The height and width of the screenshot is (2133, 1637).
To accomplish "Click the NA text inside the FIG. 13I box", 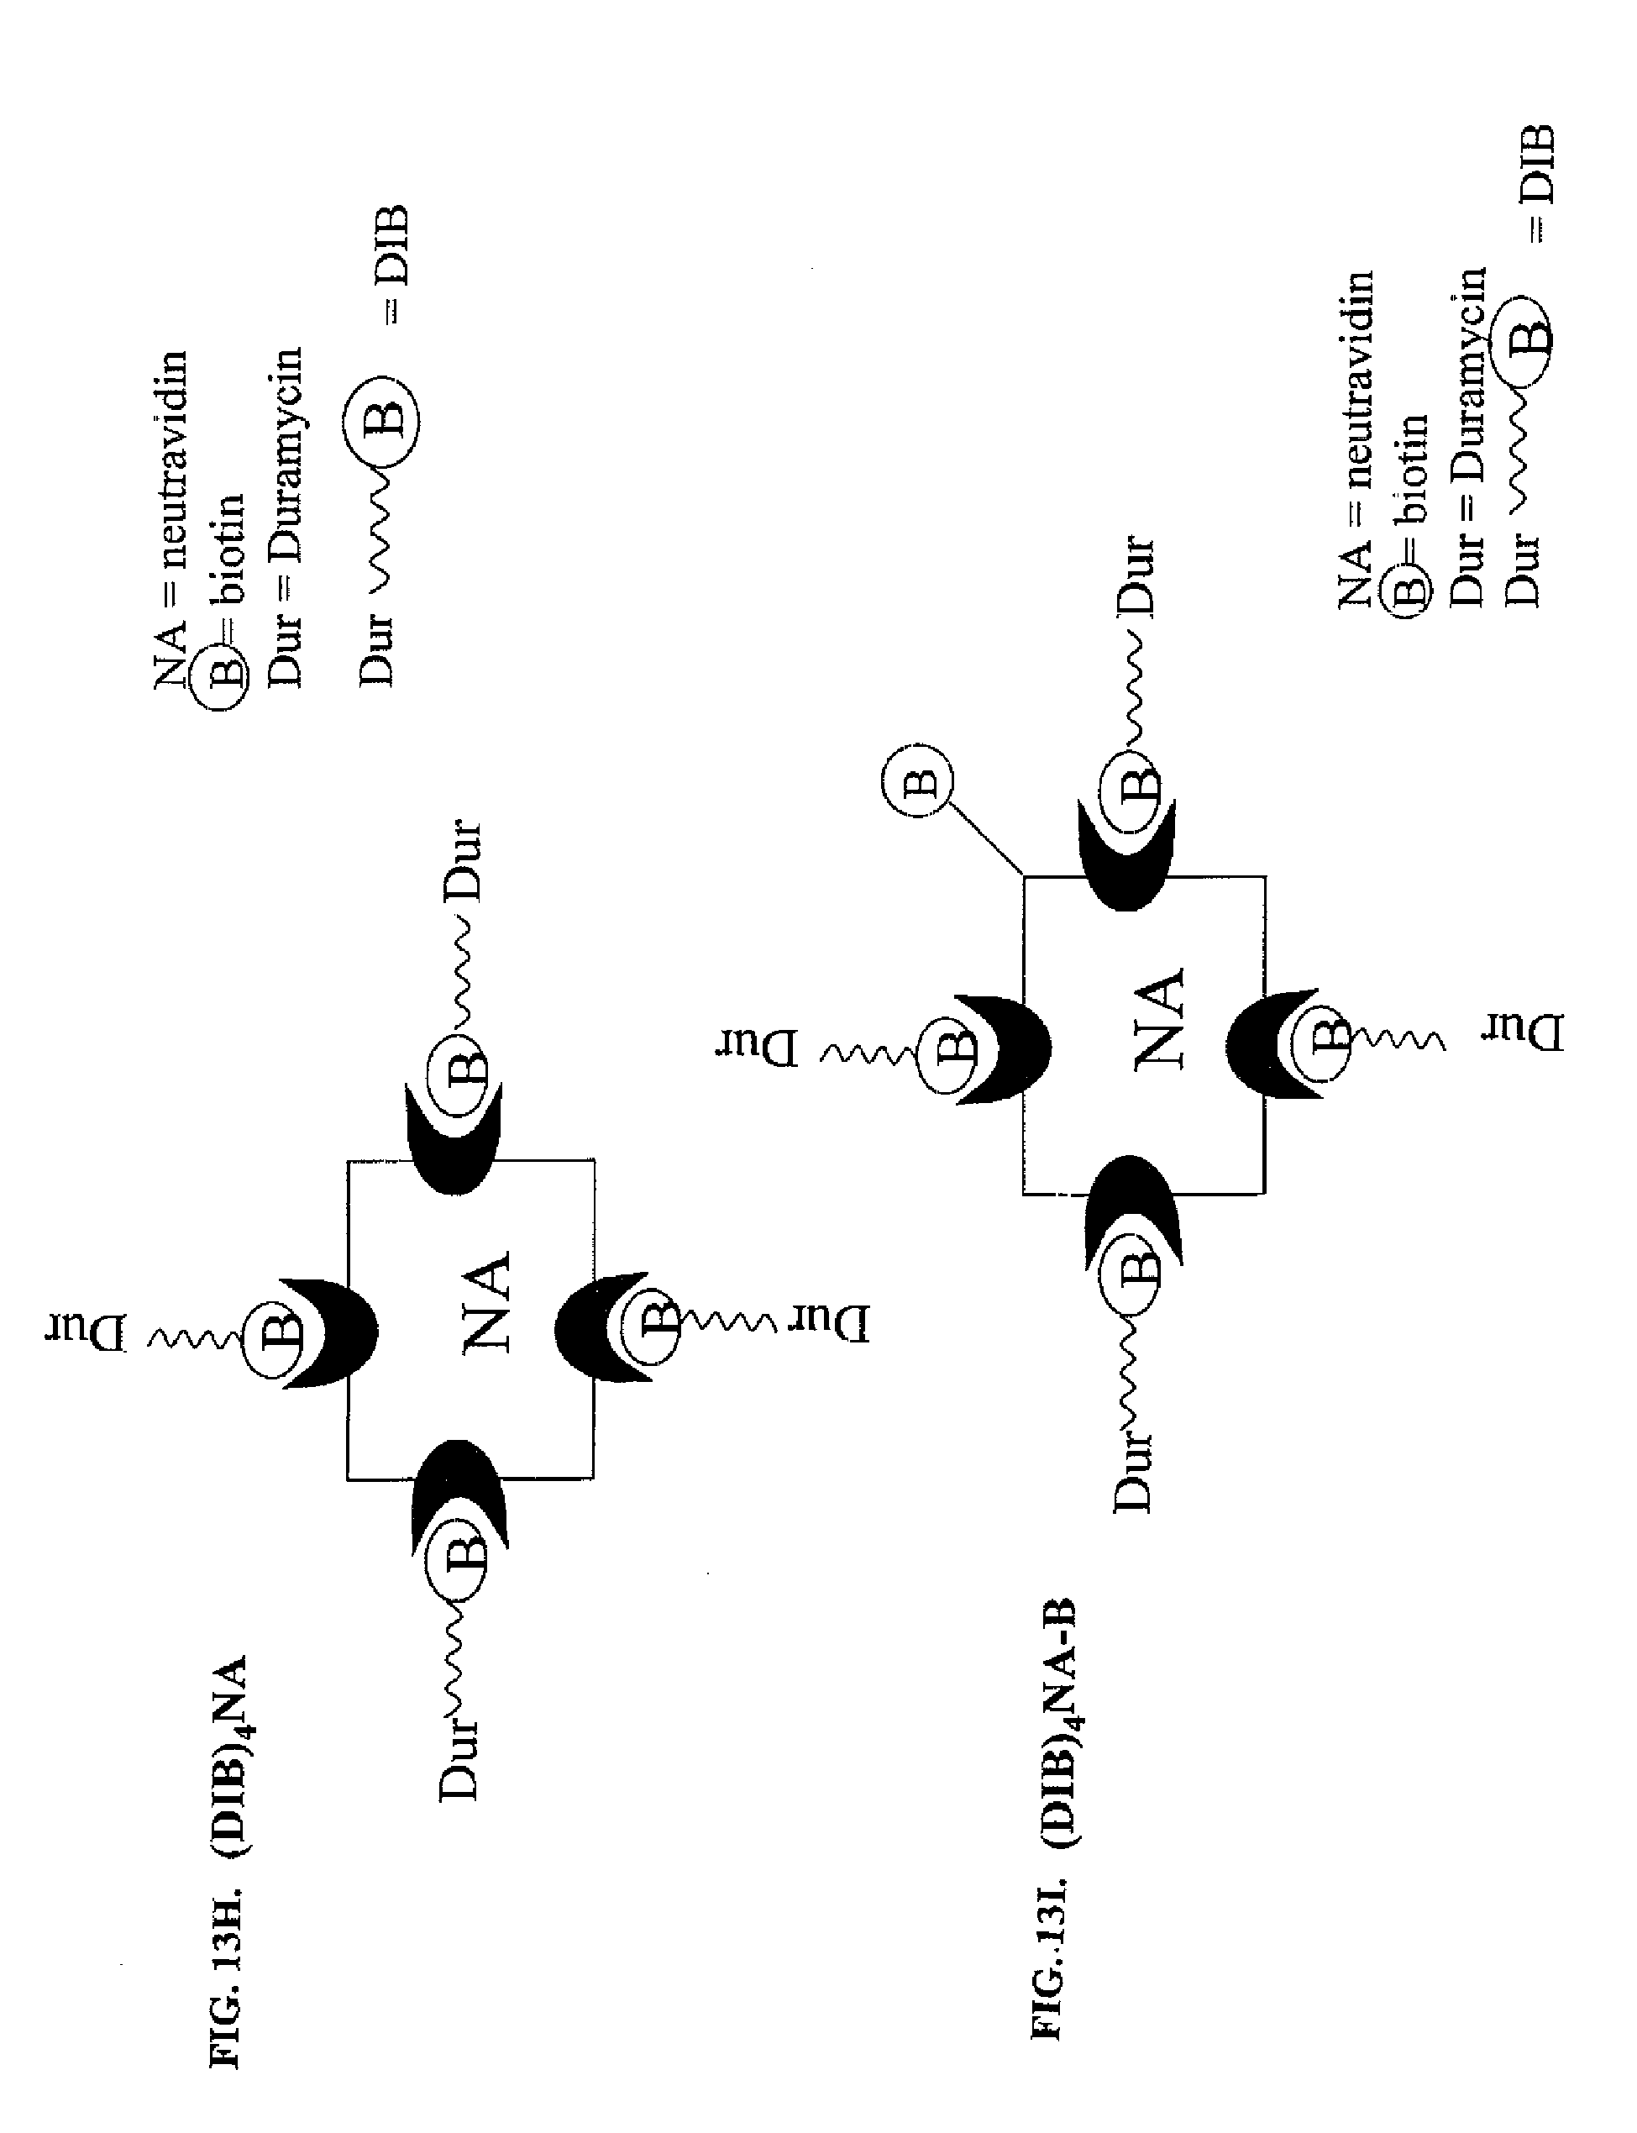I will click(1160, 1019).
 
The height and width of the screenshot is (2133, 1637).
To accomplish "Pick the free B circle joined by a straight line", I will click(917, 780).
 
